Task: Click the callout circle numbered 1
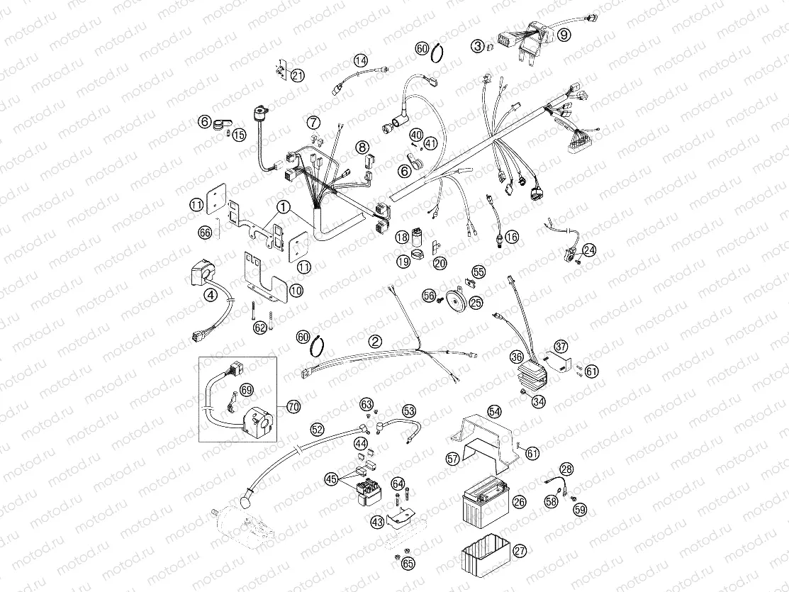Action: point(284,208)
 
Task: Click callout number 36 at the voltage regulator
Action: point(517,357)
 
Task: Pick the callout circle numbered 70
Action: point(293,406)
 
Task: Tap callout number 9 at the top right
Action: point(564,34)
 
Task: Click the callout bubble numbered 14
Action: point(362,60)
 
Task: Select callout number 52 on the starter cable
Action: point(317,429)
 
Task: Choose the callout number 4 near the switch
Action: point(211,296)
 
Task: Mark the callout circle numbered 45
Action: point(331,479)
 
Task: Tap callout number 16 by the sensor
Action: point(510,237)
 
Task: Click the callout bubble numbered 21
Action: point(297,76)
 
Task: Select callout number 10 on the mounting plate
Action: point(296,290)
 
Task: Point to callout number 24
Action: point(589,250)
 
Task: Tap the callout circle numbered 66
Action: point(205,232)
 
